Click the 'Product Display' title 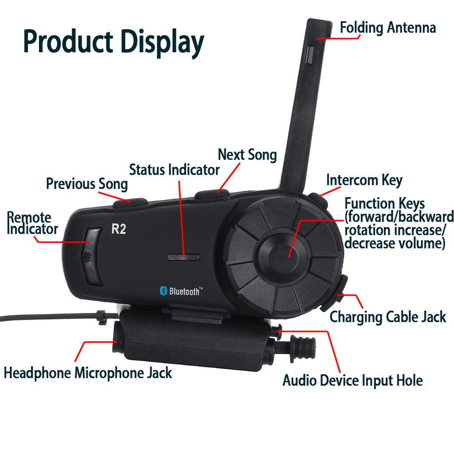tap(113, 42)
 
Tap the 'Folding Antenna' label tap(388, 27)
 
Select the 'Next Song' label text tap(247, 155)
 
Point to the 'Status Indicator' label tap(174, 170)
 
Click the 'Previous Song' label tap(87, 184)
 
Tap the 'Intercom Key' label tap(364, 180)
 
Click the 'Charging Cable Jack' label tap(388, 316)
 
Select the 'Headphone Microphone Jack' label tap(88, 373)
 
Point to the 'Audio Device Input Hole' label tap(352, 380)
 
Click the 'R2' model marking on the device tap(118, 229)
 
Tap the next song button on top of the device tap(212, 194)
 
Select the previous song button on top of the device tap(130, 202)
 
